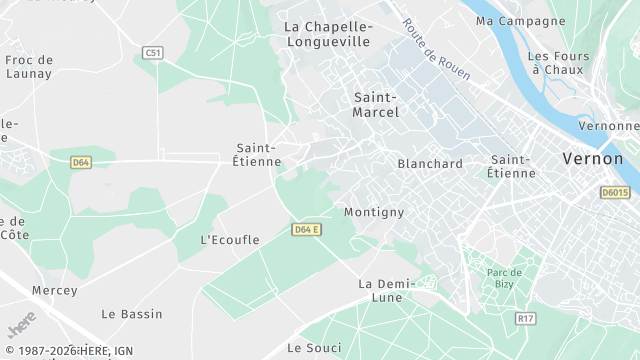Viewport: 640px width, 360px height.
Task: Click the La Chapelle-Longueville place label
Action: [x=327, y=34]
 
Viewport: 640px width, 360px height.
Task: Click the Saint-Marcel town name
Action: [x=376, y=104]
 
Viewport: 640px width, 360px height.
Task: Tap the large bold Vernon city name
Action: [x=593, y=159]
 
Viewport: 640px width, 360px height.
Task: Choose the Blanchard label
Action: [x=430, y=164]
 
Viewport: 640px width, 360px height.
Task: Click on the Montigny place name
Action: [x=374, y=212]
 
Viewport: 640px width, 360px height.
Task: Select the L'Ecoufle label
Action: [x=230, y=240]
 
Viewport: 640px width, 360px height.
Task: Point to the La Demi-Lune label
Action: [x=380, y=290]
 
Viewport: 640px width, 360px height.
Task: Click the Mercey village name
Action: [x=54, y=290]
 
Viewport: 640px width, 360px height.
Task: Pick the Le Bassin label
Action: [x=132, y=314]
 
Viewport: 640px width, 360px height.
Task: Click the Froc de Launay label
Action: [x=29, y=67]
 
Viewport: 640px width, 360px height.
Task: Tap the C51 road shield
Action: [x=153, y=52]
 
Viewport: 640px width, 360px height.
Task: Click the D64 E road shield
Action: [x=306, y=229]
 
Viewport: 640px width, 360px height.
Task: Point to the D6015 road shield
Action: [x=615, y=192]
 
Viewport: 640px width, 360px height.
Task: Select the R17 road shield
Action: [x=525, y=318]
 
